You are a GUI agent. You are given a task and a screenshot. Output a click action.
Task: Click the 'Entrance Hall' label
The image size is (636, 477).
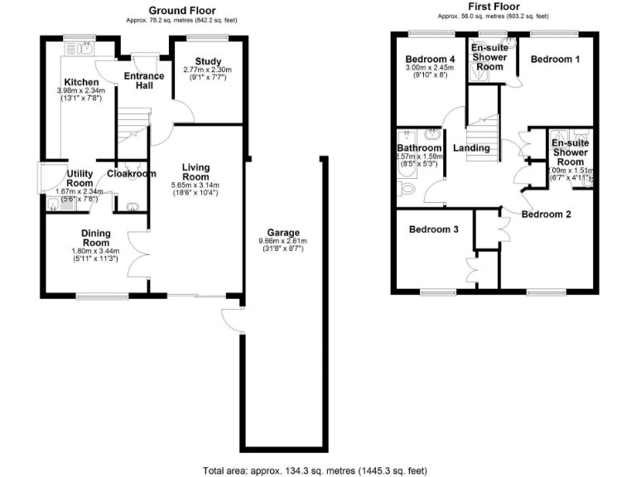143,79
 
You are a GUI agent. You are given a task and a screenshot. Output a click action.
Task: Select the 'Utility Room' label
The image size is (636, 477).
79,178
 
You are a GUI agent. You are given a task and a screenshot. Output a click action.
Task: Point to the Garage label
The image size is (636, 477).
283,232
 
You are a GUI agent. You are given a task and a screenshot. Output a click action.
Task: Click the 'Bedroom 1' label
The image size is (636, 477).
555,60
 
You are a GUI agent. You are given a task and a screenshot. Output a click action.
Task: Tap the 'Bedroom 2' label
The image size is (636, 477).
546,214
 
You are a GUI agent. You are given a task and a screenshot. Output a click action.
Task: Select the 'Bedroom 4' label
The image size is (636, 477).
430,60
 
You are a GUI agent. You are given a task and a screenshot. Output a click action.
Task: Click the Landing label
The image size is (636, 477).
470,148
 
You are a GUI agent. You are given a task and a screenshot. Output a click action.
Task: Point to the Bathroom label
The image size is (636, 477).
419,148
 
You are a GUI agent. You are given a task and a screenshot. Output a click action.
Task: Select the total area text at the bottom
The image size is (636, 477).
315,470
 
